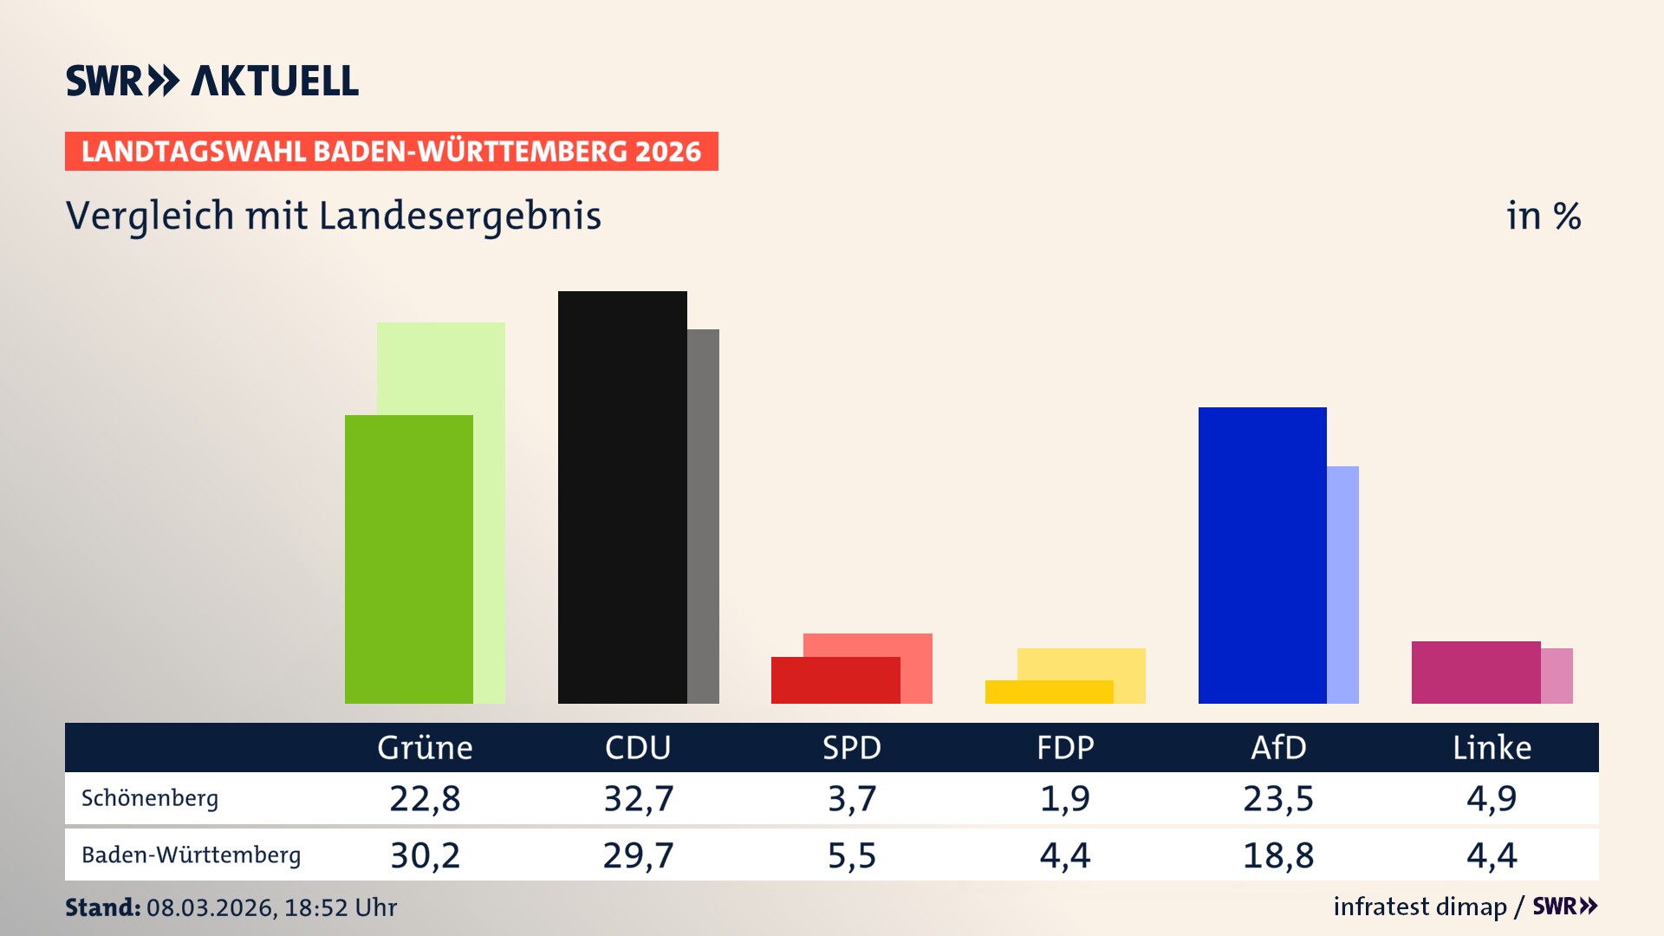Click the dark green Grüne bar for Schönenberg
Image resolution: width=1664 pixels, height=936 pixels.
coord(408,559)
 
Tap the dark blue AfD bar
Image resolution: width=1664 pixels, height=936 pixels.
coord(1262,555)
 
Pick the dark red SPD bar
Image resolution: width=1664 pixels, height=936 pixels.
coord(835,680)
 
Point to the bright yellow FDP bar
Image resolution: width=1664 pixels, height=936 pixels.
coord(1049,692)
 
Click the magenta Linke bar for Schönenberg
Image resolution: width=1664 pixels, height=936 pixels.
coord(1475,673)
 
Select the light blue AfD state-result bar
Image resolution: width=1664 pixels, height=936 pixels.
coord(1342,585)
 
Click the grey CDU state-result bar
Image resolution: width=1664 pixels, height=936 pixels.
coord(703,516)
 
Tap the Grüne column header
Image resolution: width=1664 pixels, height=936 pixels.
coord(425,748)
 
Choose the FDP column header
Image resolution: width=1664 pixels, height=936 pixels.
coord(1065,748)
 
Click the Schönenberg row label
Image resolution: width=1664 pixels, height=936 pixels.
coord(150,798)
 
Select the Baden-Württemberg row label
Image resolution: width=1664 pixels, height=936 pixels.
coord(191,855)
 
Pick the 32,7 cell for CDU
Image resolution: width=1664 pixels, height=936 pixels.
coord(639,798)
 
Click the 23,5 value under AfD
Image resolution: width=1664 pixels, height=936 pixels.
coord(1278,798)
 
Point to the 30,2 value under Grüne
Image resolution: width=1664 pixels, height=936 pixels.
coord(425,855)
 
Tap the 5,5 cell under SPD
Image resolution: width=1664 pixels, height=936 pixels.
coord(852,855)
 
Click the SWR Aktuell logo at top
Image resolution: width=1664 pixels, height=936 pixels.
coord(212,81)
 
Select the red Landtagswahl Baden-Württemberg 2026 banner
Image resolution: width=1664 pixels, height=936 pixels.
coord(391,152)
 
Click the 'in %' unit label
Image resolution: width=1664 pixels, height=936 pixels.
coord(1544,216)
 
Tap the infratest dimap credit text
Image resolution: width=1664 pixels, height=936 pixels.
coord(1420,907)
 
